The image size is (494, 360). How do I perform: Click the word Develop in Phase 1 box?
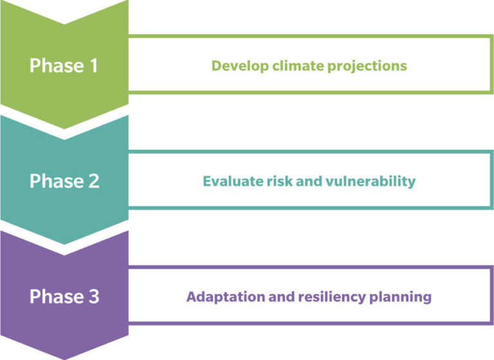[x=240, y=66]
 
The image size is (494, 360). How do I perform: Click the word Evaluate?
[x=233, y=181]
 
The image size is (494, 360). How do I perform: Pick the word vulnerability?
[x=370, y=181]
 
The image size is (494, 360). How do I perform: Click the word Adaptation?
[x=226, y=297]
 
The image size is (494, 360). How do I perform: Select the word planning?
[x=400, y=297]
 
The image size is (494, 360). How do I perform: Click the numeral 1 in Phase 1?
[x=94, y=66]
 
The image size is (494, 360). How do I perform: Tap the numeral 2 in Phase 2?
[x=94, y=181]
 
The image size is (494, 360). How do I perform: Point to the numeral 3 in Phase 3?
[x=94, y=297]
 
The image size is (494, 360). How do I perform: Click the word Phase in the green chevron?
[x=57, y=66]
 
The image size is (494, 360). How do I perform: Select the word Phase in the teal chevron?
[x=57, y=181]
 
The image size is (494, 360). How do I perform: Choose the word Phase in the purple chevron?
[x=57, y=297]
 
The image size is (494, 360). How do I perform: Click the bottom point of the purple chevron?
[x=64, y=359]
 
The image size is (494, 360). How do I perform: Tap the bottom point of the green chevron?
[x=64, y=129]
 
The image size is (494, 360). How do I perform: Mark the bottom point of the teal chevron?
[x=64, y=244]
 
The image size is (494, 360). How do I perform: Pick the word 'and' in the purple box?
[x=281, y=297]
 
